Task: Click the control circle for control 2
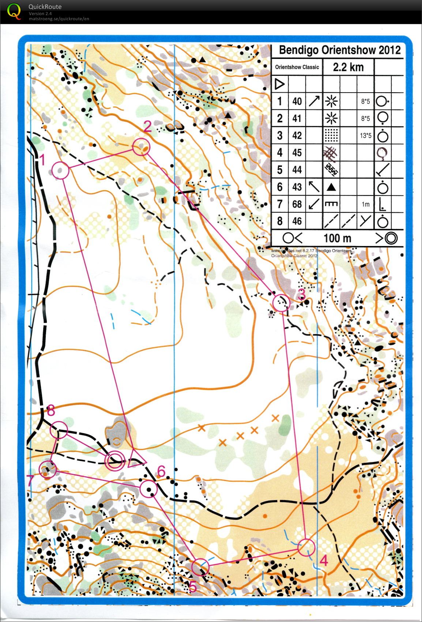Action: pyautogui.click(x=141, y=147)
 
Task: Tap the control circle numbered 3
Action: pyautogui.click(x=281, y=303)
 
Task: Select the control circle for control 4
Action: pyautogui.click(x=306, y=548)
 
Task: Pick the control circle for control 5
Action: pyautogui.click(x=200, y=567)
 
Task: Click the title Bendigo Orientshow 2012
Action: pyautogui.click(x=339, y=50)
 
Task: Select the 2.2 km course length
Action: pyautogui.click(x=348, y=67)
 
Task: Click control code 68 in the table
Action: pyautogui.click(x=297, y=204)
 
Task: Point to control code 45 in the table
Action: pyautogui.click(x=297, y=152)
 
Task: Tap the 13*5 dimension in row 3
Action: pyautogui.click(x=365, y=136)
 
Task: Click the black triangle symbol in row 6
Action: pyautogui.click(x=331, y=187)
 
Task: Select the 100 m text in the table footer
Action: pyautogui.click(x=337, y=238)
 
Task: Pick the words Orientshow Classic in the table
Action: pyautogui.click(x=297, y=67)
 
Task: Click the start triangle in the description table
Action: pyautogui.click(x=279, y=85)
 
